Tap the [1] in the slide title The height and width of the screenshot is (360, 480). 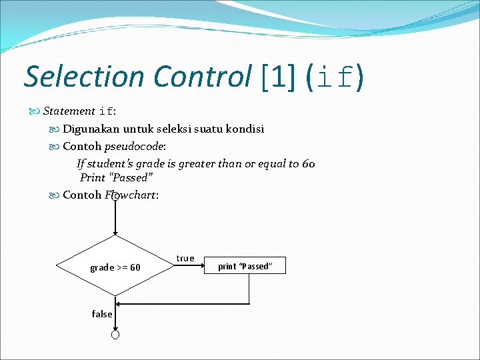click(280, 77)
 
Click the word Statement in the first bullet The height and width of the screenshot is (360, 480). click(69, 111)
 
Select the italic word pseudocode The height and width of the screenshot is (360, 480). click(133, 146)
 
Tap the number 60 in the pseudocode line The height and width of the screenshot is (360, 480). click(308, 163)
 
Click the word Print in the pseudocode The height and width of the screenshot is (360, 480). click(92, 177)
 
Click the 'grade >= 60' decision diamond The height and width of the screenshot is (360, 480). click(115, 267)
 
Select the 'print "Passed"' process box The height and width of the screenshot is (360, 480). click(245, 266)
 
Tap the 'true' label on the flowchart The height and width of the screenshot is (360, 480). click(185, 258)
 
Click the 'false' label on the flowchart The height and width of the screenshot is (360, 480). click(102, 314)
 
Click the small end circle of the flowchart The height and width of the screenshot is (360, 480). click(115, 335)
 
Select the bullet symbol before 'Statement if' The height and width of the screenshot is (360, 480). click(36, 111)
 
